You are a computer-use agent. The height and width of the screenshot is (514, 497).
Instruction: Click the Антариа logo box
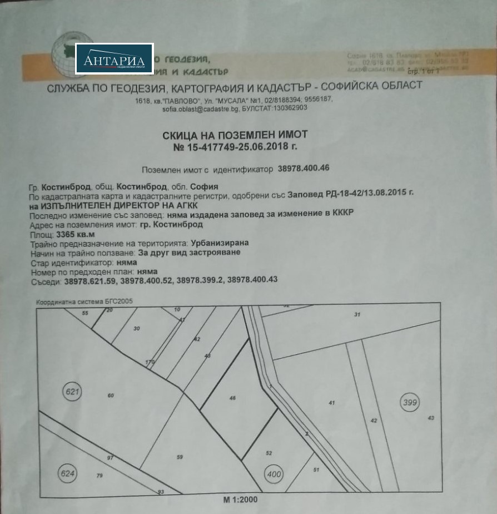114,59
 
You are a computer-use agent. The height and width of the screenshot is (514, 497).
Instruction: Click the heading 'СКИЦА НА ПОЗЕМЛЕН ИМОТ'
235,135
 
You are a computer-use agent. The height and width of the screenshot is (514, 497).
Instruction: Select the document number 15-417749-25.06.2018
235,147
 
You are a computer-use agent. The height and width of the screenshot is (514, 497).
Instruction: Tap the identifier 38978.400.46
306,167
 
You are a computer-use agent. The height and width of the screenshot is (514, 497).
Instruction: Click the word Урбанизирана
220,243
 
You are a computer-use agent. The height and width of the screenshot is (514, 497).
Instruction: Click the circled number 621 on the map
73,392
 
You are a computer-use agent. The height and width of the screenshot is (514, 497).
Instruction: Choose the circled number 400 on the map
274,475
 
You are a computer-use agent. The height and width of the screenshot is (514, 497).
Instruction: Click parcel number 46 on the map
232,398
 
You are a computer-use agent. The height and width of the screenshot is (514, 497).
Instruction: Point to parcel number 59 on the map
180,457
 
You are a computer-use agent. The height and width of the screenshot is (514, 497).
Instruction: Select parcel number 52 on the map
269,453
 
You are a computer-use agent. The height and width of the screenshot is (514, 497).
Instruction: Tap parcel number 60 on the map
111,396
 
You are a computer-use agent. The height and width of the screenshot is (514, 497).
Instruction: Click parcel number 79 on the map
100,476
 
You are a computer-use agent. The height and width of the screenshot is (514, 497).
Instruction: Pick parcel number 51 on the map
316,470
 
